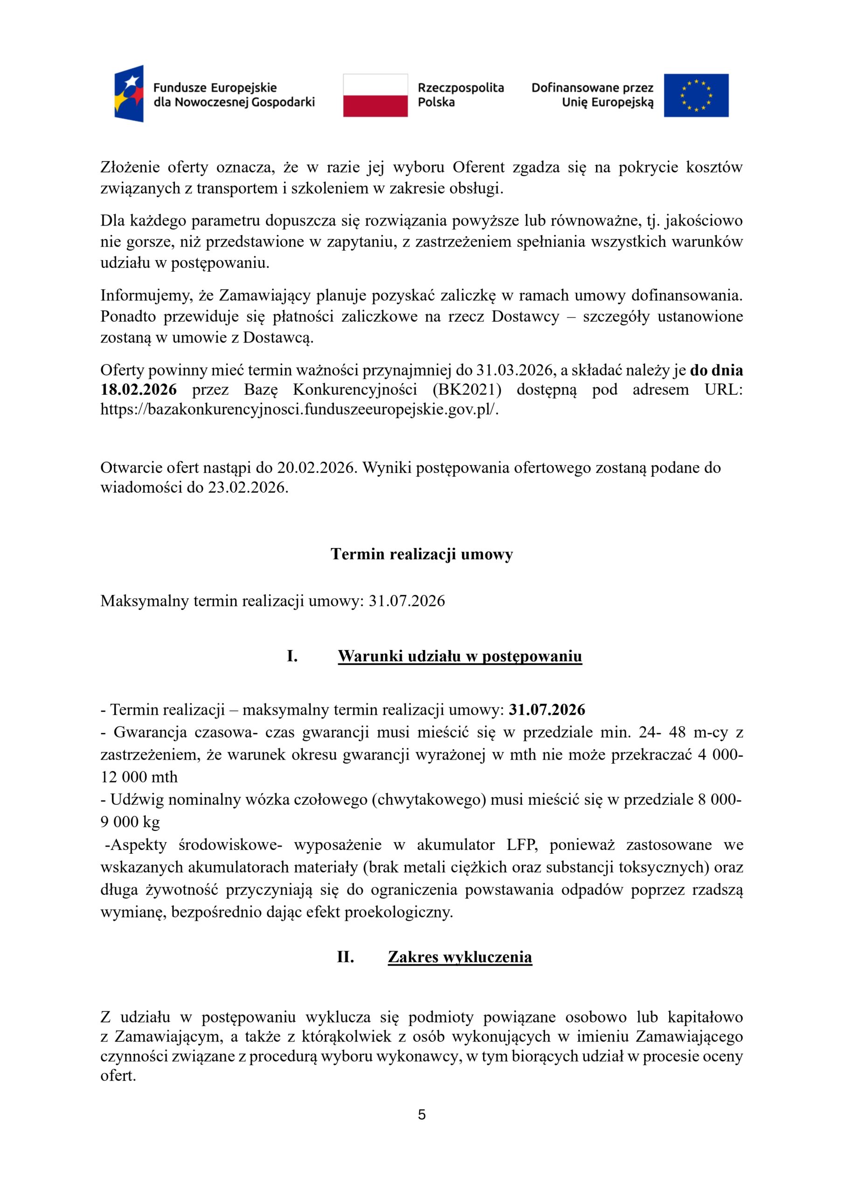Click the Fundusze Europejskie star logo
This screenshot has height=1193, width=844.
129,94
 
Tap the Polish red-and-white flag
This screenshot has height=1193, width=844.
375,95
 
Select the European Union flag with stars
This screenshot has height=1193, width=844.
696,95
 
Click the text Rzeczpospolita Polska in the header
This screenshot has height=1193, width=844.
460,95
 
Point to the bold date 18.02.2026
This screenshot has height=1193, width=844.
139,390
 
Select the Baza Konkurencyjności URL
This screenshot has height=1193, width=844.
299,410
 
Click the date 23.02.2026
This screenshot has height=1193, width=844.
248,488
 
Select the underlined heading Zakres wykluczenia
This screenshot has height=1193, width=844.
460,957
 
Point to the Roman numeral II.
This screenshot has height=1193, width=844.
346,957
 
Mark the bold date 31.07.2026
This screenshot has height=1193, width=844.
547,710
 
